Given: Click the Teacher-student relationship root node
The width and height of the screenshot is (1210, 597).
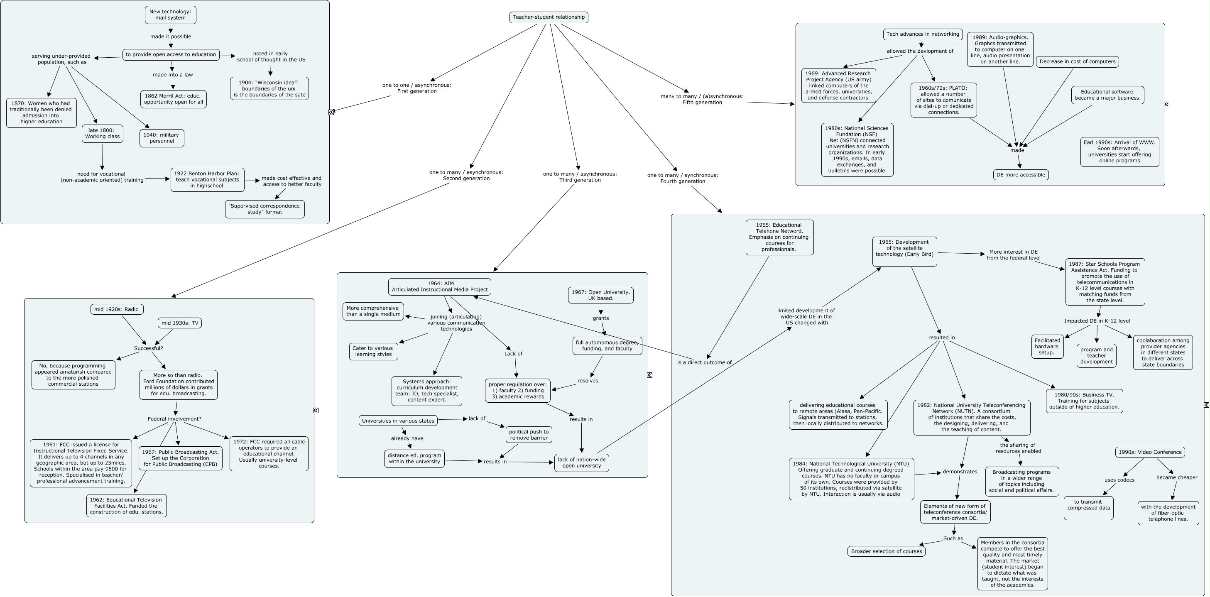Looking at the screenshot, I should tap(549, 17).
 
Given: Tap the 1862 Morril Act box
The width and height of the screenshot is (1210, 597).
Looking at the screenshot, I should tap(173, 99).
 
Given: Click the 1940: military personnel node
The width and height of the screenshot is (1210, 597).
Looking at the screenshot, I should tap(162, 138).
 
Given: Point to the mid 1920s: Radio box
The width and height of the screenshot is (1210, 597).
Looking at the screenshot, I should tap(117, 309).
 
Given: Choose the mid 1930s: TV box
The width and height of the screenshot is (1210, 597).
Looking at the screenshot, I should tap(180, 323).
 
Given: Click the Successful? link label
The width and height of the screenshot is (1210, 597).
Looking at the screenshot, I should tap(148, 348).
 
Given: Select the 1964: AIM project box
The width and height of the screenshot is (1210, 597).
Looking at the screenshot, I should tap(440, 286).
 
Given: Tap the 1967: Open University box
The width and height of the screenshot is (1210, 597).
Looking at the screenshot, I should tap(600, 295).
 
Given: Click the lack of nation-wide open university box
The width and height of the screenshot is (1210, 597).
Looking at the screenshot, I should tap(581, 462).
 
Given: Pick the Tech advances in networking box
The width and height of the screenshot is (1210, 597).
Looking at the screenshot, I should tap(923, 34).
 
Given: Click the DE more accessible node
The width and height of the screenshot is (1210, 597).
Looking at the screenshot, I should tap(1021, 175).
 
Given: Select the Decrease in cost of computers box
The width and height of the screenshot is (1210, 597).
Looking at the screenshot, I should tap(1078, 61).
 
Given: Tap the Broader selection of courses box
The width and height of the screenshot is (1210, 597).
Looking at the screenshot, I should tap(887, 551).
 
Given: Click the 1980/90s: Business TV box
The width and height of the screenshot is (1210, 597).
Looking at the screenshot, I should tap(1084, 401).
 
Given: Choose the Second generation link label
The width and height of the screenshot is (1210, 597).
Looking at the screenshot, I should tap(466, 175).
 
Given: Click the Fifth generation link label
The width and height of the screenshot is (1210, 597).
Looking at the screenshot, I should tap(702, 99).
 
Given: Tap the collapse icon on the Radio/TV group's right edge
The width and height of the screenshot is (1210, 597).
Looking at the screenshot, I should tap(316, 410).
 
